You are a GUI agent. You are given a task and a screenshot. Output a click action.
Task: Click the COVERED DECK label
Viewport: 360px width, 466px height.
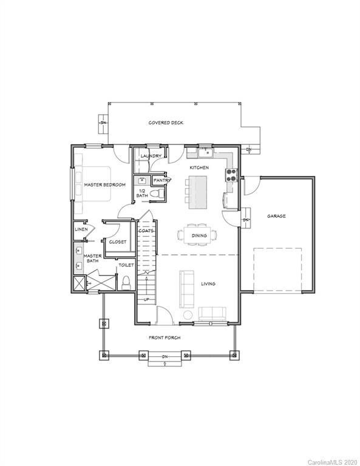point(166,123)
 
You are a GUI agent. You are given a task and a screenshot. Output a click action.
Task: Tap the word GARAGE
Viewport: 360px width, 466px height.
point(276,216)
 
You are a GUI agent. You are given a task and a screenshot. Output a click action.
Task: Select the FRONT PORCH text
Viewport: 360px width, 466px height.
point(165,337)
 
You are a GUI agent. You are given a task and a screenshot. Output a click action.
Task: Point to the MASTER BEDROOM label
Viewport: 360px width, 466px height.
point(104,184)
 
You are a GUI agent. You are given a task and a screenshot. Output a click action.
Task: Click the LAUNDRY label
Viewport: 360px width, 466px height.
point(151,157)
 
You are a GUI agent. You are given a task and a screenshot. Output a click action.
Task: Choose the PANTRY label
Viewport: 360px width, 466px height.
point(161,180)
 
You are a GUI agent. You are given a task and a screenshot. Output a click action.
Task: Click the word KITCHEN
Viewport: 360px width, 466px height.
point(199,167)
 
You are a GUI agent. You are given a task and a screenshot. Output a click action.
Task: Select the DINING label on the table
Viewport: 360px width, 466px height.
point(199,235)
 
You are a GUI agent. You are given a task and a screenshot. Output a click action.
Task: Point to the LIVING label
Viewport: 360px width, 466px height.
point(208,283)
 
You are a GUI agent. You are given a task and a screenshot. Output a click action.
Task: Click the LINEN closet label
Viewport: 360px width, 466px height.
point(81,229)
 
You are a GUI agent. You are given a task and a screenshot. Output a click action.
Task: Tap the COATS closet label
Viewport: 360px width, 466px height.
point(145,231)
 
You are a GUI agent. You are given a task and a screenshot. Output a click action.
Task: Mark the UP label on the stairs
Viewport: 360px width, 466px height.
point(146,299)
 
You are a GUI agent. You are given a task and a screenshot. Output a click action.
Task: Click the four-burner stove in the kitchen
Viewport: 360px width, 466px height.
point(231,175)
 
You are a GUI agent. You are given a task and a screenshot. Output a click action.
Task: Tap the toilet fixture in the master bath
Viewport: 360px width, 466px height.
point(126,283)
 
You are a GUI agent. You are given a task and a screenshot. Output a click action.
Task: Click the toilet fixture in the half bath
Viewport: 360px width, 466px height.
point(156,194)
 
